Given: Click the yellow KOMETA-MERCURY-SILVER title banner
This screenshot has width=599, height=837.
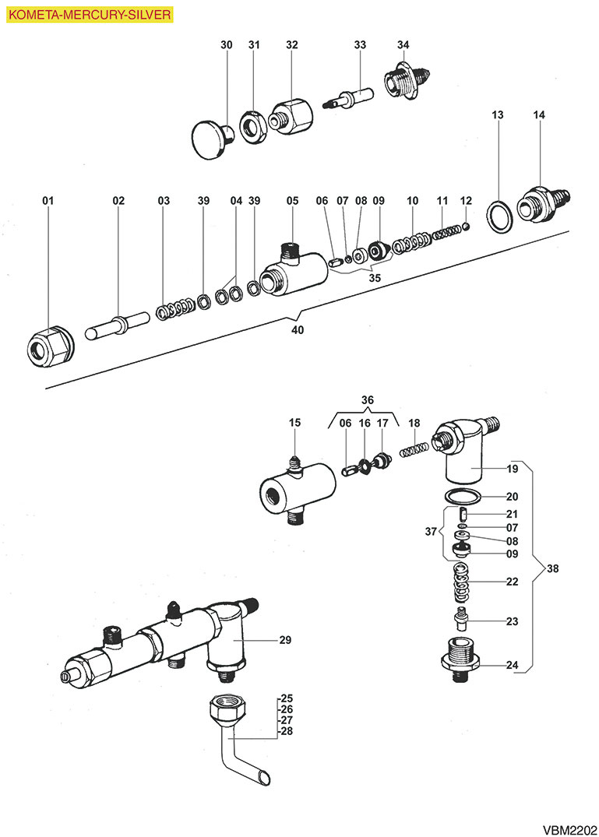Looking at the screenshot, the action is [90, 15].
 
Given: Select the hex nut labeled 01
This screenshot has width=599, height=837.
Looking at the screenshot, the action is [50, 346].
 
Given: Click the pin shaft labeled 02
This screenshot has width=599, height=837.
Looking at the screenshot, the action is [117, 325].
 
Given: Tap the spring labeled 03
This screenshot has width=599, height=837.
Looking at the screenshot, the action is [175, 308].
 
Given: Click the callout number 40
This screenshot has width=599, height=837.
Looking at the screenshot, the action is [298, 330].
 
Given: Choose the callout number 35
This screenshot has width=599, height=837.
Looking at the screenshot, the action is [375, 278].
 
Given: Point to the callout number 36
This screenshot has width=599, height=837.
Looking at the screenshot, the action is [368, 400].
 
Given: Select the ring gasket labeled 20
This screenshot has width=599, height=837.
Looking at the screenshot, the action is [463, 495].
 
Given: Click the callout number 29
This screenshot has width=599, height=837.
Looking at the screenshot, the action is [285, 639].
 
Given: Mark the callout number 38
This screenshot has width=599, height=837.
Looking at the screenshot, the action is [552, 568].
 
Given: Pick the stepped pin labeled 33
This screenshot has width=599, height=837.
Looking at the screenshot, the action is [349, 98].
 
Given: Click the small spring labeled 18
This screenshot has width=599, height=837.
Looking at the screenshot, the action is [414, 449].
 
